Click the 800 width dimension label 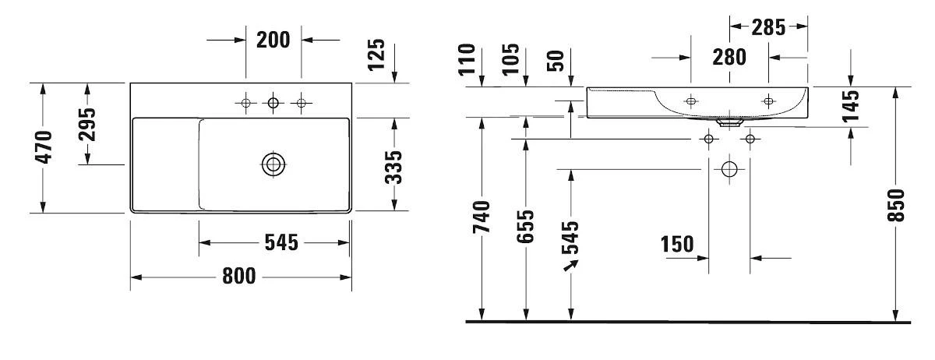239,276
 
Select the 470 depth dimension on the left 44,146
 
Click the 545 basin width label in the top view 281,242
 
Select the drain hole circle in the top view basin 273,164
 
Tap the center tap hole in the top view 273,102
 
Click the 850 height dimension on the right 898,205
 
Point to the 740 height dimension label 484,217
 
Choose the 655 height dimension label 527,227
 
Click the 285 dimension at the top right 769,28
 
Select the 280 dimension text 729,57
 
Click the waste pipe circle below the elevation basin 729,168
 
